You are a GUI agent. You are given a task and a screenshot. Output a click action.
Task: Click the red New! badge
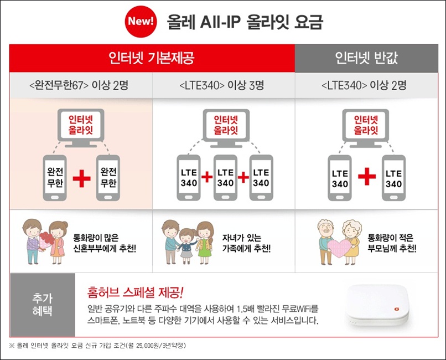[x=141, y=22]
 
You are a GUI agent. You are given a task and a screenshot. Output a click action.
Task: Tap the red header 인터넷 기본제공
[x=152, y=58]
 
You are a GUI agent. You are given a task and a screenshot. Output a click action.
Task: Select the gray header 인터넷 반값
[x=366, y=58]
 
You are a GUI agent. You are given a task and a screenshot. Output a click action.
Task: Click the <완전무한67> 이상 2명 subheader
[x=79, y=85]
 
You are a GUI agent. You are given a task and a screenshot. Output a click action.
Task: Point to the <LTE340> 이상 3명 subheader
[x=222, y=85]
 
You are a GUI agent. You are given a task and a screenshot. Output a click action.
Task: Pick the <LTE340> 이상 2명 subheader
[x=364, y=85]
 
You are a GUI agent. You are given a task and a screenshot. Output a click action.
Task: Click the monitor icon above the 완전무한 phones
[x=81, y=128]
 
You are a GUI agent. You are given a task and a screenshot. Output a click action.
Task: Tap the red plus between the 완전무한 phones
[x=82, y=178]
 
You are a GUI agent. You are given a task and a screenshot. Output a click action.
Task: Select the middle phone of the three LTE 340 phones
[x=225, y=178]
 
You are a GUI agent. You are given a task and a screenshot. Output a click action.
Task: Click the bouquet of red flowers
[x=46, y=240]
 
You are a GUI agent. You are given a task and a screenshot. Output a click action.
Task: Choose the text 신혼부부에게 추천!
[x=105, y=249]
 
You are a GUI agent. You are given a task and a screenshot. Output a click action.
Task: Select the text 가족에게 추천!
[x=246, y=249]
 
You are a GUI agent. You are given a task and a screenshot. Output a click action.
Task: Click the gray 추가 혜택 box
[x=43, y=305]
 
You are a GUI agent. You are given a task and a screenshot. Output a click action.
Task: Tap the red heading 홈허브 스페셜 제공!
[x=136, y=292]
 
